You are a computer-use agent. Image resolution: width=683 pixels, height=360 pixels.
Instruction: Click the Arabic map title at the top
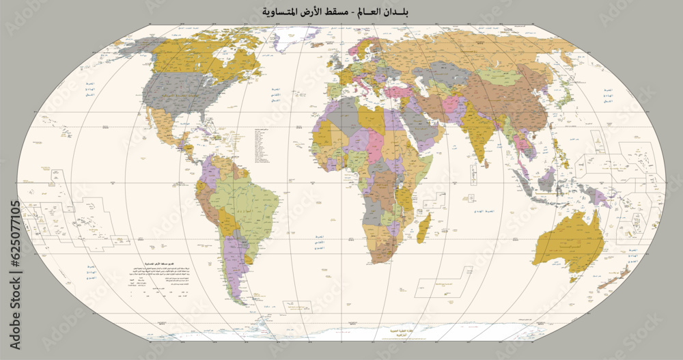tap(341, 12)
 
